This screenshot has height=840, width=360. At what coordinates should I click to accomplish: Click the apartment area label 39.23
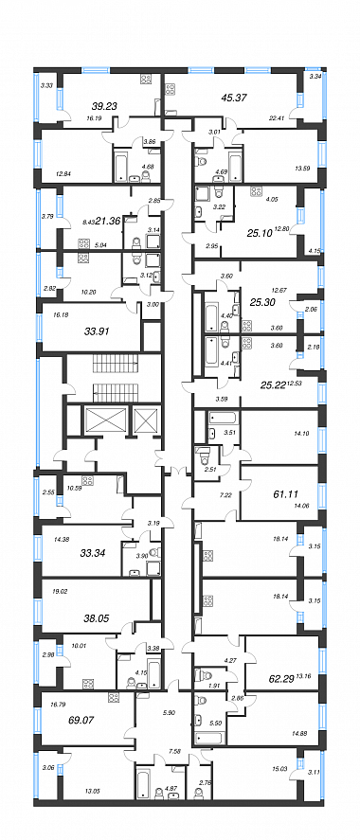(89, 105)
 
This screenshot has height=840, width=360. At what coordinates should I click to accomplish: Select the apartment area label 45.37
(234, 98)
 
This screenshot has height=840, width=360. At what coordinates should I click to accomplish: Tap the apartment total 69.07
(81, 720)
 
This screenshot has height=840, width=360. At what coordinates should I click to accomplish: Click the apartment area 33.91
(97, 331)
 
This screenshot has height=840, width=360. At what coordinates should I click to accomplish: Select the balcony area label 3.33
(46, 85)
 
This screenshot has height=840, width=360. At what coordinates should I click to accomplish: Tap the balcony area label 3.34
(315, 77)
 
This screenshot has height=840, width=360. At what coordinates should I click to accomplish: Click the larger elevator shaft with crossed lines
(105, 420)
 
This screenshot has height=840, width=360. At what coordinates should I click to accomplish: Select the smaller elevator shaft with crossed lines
(146, 420)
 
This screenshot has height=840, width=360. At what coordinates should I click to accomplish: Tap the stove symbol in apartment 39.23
(145, 80)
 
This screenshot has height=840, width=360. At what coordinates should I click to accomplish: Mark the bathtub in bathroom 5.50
(208, 738)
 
